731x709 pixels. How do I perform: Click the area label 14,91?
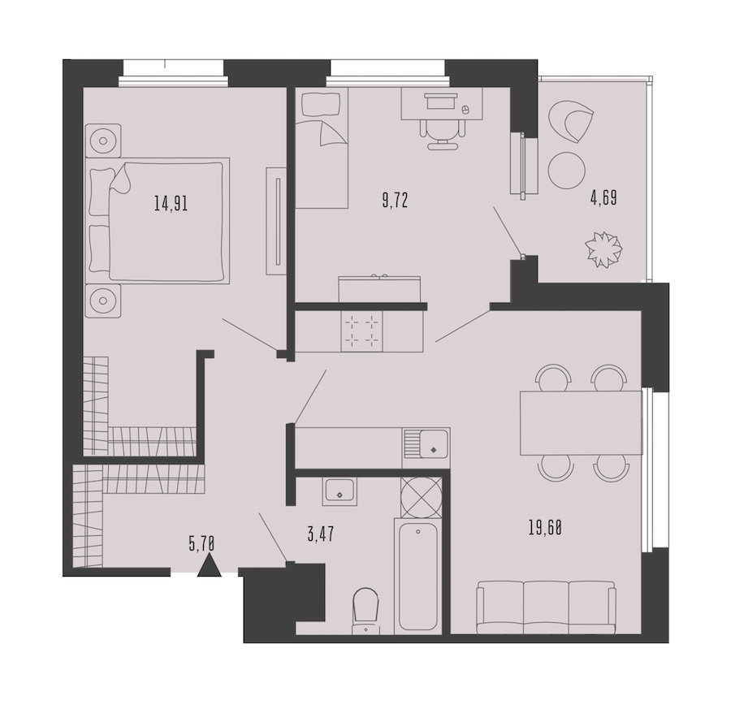coord(171,203)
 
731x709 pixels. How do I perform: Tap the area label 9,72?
coord(395,201)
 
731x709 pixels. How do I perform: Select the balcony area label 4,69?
coord(603,198)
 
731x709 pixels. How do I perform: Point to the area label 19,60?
coord(545,528)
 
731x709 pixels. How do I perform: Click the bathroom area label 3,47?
coord(321,534)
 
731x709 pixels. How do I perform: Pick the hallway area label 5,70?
coord(202,544)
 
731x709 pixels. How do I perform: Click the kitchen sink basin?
coord(433,443)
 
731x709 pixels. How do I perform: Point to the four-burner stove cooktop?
coord(362,331)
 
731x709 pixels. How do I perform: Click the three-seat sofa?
coord(547,607)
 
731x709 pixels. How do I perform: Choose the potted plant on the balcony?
coord(604,249)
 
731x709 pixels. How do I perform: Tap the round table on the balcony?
coord(566,170)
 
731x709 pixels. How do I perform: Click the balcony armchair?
coord(571,122)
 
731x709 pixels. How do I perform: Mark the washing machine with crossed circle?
coord(422,497)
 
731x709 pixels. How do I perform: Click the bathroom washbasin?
coord(340,492)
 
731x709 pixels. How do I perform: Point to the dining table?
coord(581,423)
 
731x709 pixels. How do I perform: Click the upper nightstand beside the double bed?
coord(103,141)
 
